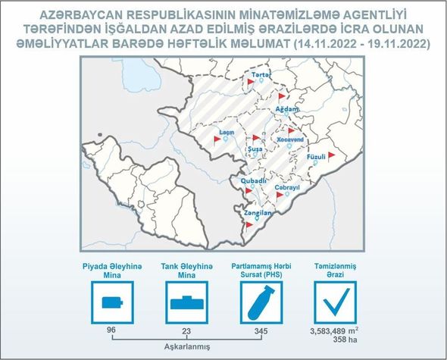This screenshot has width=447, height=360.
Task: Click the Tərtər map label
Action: tap(261, 75)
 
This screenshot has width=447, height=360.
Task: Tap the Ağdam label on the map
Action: tap(287, 109)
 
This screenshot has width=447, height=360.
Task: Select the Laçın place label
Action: tap(227, 133)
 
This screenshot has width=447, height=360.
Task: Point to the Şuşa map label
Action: tap(255, 149)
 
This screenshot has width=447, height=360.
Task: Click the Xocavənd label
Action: tap(290, 139)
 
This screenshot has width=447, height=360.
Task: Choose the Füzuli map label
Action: tap(316, 157)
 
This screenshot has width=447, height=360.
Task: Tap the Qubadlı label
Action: tap(254, 181)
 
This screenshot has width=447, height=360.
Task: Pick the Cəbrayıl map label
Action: tap(287, 188)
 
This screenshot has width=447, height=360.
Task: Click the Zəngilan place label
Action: tap(258, 213)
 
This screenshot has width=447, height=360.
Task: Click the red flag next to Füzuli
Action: tap(331, 156)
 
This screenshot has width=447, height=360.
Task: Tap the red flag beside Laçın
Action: tap(217, 139)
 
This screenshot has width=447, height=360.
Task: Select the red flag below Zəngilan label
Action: tap(249, 225)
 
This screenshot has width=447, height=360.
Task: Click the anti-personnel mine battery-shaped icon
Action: tap(112, 302)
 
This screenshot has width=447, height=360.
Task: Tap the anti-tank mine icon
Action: tap(187, 303)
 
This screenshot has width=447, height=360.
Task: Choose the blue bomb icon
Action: tap(261, 303)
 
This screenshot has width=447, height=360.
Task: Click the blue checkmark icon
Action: tap(336, 302)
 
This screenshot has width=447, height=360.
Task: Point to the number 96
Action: tap(111, 330)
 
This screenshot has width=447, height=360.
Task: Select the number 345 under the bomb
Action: tap(261, 331)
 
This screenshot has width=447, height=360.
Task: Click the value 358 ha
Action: tap(345, 340)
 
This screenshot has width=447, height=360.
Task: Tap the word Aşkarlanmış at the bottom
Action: tap(187, 346)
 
